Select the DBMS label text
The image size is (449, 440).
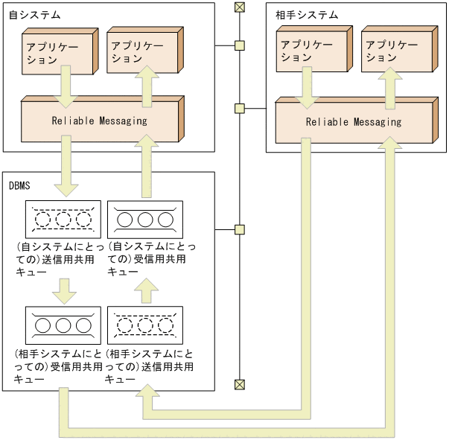coord(20,185)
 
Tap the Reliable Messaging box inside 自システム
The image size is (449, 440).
coord(100,121)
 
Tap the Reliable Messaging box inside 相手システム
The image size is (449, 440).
coord(353,122)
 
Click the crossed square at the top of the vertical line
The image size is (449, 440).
coord(239,7)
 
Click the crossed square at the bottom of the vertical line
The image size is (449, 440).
coord(239,384)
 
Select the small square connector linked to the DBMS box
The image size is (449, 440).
coord(239,229)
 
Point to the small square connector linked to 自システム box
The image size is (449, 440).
coord(239,45)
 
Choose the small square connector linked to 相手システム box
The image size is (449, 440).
coord(239,109)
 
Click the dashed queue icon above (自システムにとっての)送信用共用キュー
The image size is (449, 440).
coord(63,220)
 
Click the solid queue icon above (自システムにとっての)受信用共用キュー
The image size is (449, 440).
coord(145,220)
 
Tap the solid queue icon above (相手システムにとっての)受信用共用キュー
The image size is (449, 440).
coord(63,325)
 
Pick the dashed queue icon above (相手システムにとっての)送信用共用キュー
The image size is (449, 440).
coord(145,325)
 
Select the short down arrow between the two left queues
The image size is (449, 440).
coord(63,290)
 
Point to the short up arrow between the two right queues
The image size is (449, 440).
coord(145,290)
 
